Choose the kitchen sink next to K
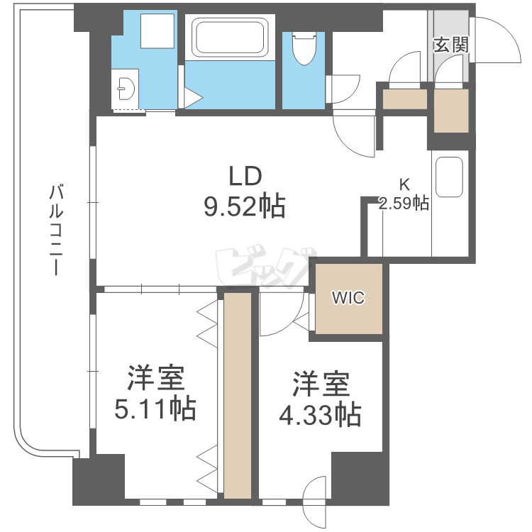[449, 177]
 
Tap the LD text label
[245, 175]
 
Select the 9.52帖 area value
[244, 206]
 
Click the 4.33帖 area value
[319, 414]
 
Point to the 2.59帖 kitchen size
[404, 204]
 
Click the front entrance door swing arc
[501, 39]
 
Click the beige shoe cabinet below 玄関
[451, 111]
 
